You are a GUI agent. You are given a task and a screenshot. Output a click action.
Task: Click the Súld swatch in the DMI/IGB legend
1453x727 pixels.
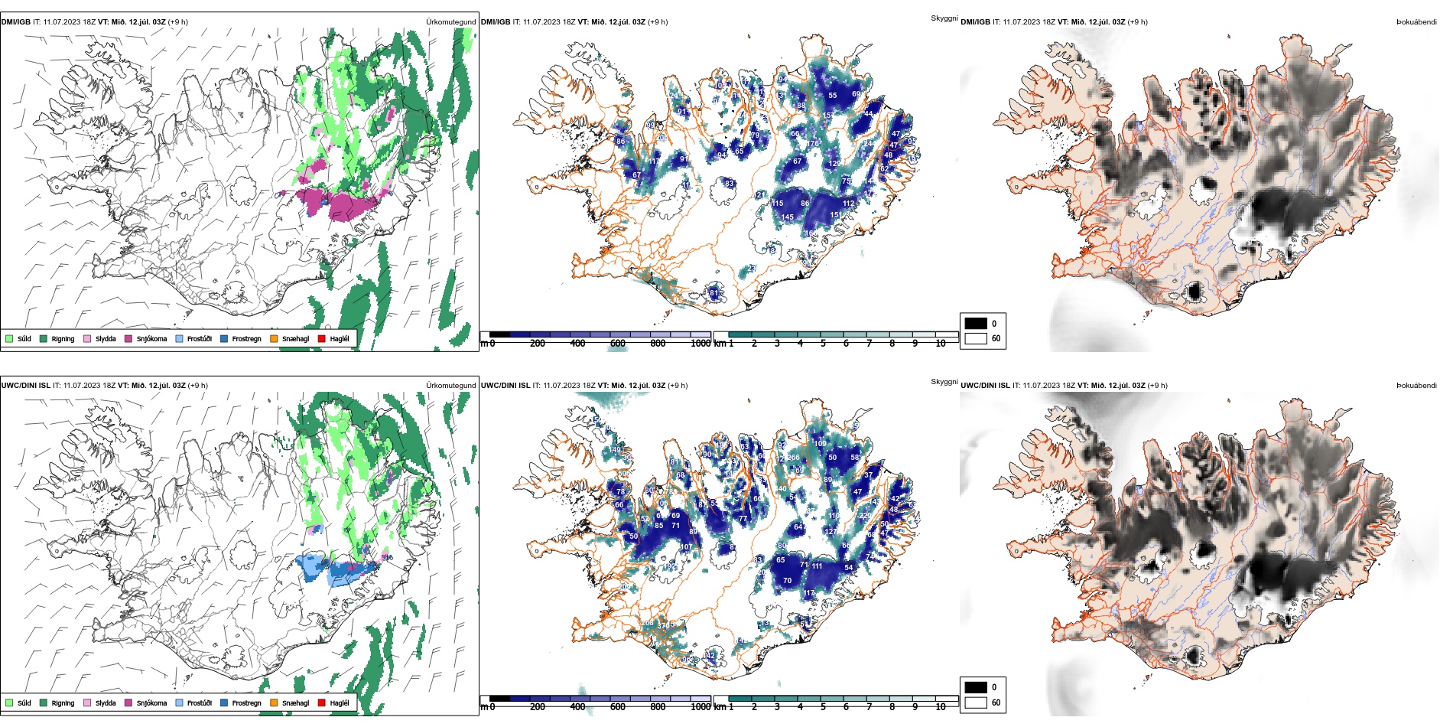9,338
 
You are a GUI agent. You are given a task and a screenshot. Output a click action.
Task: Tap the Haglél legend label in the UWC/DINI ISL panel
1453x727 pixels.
340,703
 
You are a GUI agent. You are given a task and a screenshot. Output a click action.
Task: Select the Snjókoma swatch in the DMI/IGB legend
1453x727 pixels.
128,338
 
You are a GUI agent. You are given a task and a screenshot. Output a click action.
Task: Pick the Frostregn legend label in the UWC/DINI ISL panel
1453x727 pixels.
246,703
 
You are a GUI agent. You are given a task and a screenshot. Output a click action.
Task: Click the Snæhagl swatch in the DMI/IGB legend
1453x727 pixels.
274,338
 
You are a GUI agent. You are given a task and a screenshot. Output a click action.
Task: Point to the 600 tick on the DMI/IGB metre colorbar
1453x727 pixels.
618,344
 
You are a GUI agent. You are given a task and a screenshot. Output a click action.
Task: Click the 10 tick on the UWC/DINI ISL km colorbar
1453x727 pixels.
941,707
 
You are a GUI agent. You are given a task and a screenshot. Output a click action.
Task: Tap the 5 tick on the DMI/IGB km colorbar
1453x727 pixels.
823,344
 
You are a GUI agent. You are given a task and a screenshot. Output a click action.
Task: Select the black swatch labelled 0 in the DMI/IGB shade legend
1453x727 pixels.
976,323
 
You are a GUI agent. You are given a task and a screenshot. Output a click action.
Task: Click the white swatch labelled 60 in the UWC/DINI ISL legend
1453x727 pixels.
976,702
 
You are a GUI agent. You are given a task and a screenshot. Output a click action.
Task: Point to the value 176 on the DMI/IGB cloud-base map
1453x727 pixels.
813,143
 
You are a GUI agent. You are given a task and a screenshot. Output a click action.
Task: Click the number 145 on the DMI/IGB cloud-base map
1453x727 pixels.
788,217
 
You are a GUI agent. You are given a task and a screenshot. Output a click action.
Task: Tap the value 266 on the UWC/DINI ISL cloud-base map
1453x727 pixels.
794,458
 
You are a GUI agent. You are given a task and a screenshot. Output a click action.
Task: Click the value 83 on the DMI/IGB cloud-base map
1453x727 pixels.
730,184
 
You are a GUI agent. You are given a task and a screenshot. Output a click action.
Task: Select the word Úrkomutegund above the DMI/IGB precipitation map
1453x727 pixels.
450,21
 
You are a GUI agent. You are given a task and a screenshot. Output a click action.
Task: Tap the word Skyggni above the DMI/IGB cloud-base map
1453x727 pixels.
944,18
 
